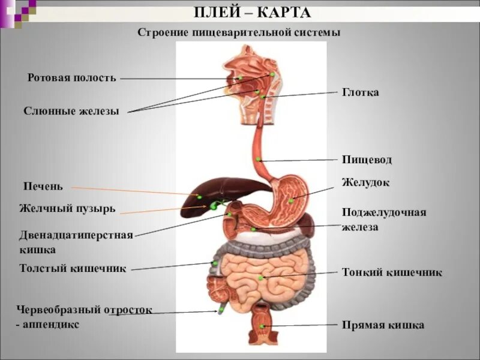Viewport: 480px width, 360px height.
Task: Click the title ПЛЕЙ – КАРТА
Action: [253, 13]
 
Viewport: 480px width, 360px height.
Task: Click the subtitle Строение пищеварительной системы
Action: [239, 32]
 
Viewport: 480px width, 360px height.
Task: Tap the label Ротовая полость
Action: [72, 78]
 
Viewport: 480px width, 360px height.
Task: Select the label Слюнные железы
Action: [71, 111]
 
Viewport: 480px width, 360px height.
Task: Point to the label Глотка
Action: [361, 92]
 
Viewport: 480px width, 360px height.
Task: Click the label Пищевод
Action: [367, 160]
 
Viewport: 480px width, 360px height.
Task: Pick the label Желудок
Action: [365, 182]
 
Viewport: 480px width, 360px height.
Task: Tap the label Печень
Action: [43, 187]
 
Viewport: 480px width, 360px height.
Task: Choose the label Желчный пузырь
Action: [67, 209]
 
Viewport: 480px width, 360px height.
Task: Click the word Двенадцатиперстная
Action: [76, 235]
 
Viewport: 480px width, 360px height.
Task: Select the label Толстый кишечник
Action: [73, 268]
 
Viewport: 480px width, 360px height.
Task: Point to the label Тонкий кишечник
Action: [392, 272]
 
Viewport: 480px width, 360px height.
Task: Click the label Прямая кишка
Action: [383, 325]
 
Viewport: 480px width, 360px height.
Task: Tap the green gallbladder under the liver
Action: [214, 206]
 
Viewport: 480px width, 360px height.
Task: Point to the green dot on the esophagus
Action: [258, 159]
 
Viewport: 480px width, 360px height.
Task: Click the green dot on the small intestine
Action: [260, 277]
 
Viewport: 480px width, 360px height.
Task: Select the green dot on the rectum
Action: [262, 326]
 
